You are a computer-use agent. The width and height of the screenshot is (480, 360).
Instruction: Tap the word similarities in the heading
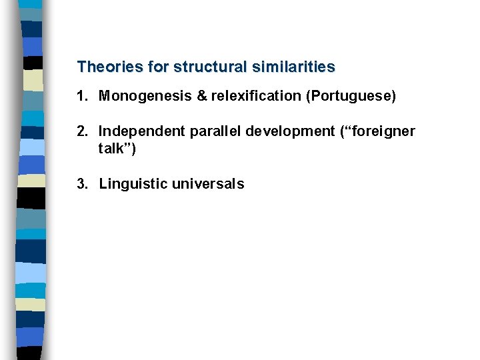click(x=295, y=67)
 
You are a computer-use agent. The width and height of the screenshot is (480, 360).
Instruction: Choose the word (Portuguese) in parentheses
click(x=351, y=97)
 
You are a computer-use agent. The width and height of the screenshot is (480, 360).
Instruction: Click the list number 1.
click(x=81, y=97)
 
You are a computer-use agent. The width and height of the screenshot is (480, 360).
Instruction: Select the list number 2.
click(x=81, y=131)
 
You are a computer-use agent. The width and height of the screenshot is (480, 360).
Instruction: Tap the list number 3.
click(x=81, y=184)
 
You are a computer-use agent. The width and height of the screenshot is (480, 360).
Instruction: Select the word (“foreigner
click(x=378, y=131)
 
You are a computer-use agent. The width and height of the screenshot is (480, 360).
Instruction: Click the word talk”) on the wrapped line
click(x=117, y=149)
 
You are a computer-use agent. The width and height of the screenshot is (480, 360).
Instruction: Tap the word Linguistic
click(x=133, y=184)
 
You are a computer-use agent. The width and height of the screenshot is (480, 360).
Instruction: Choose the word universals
click(x=208, y=184)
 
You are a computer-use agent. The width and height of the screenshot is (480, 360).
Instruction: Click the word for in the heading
click(x=157, y=67)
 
